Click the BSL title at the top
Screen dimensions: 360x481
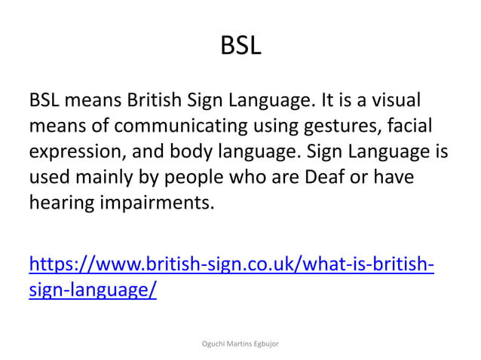240,47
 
